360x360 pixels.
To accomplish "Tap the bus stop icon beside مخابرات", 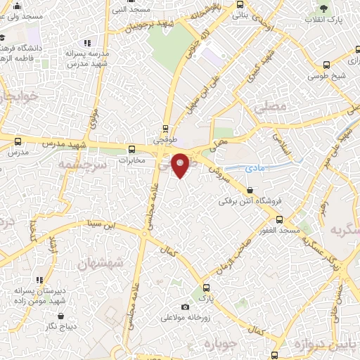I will click(x=131, y=148).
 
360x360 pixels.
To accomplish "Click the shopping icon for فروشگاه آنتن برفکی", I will click(x=250, y=190).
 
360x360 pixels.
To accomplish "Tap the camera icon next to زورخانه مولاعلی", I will click(x=185, y=307).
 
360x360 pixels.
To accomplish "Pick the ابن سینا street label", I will click(x=99, y=225).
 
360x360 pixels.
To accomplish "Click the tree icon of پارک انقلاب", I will click(x=323, y=9).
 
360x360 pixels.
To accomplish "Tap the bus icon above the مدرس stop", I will click(x=18, y=141).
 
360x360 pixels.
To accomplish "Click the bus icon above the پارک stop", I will click(x=206, y=288).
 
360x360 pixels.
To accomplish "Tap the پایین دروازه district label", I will click(x=319, y=344).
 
